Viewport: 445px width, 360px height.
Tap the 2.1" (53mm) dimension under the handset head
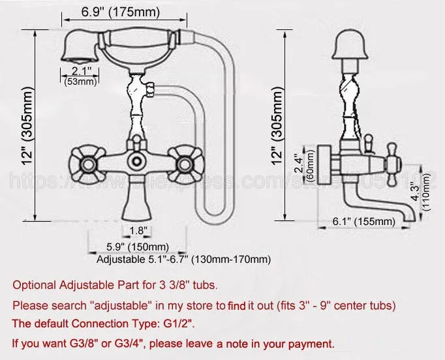79,76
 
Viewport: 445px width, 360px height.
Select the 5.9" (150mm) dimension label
138,247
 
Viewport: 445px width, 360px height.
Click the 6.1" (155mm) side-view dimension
364,222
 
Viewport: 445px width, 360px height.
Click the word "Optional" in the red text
35,285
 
